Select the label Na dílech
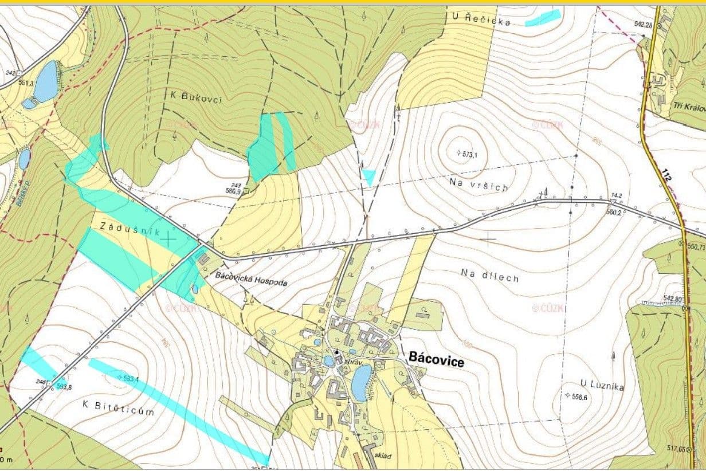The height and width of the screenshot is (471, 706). click(490, 277)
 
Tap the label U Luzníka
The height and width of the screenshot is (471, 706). click(601, 386)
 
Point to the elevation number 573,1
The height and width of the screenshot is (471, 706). click(468, 154)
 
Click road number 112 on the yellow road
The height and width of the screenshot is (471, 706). click(665, 175)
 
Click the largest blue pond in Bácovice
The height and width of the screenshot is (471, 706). click(361, 383)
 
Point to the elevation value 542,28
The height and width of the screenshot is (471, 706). click(644, 25)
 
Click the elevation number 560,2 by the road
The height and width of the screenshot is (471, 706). click(613, 211)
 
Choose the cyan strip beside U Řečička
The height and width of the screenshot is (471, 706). click(542, 18)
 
